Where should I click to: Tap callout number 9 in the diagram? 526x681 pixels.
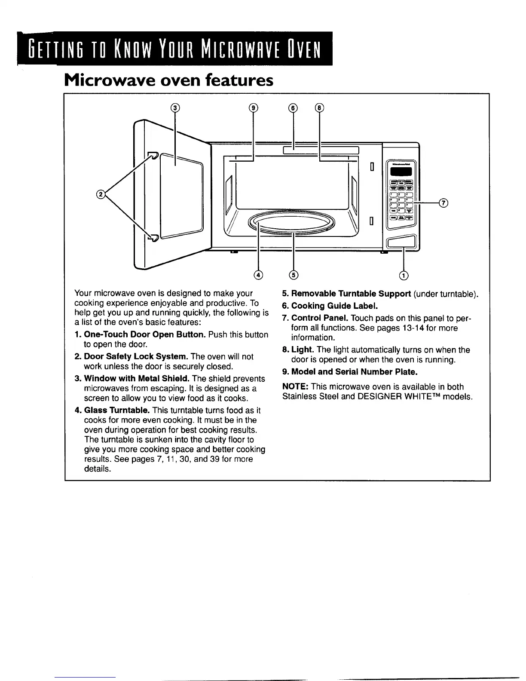tap(253, 108)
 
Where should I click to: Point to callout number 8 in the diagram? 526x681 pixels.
tap(320, 108)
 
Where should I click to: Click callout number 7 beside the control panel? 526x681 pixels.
tap(444, 203)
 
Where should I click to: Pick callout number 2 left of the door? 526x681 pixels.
tap(101, 195)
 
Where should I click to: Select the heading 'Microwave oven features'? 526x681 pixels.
tap(168, 80)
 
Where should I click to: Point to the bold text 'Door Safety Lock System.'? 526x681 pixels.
tap(136, 357)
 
